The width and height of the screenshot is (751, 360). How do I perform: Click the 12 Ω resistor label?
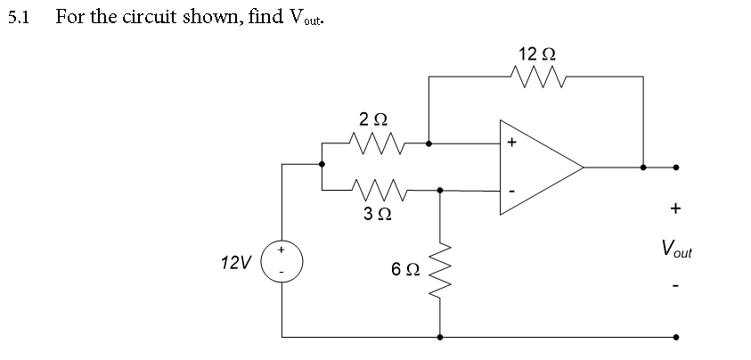[539, 54]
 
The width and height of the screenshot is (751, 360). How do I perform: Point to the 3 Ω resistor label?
[374, 214]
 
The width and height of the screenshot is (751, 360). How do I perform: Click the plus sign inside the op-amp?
[511, 143]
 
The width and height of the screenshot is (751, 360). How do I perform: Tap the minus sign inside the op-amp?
[511, 192]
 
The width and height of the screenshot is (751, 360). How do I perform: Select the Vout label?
[675, 249]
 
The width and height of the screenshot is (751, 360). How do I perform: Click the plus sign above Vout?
[675, 209]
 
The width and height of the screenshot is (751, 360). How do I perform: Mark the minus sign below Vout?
[675, 287]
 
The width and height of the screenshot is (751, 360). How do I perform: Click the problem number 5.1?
[19, 17]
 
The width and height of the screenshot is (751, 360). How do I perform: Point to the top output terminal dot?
[675, 167]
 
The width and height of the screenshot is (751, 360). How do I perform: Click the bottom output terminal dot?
[675, 338]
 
